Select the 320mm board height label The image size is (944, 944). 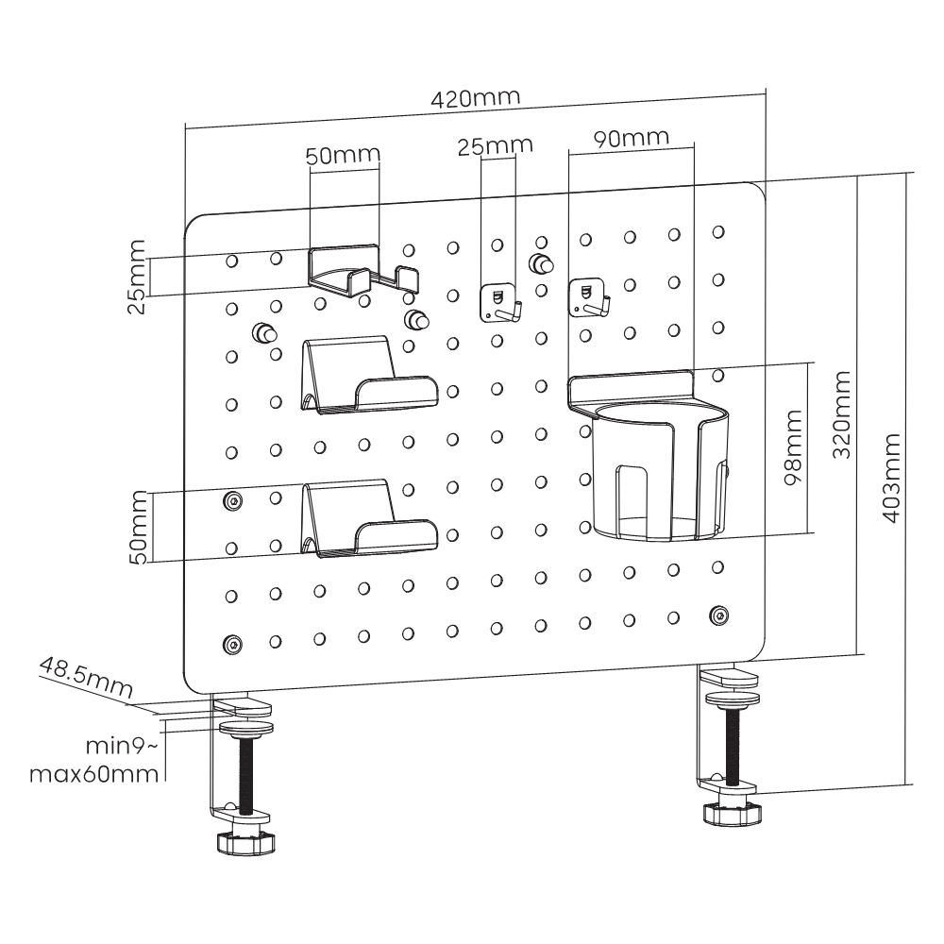pos(842,414)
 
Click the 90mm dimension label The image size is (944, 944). pos(632,137)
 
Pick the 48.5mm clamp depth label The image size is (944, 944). pos(83,678)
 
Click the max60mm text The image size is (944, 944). pos(93,775)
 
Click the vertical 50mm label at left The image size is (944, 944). pos(140,527)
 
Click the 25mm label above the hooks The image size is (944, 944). pos(496,146)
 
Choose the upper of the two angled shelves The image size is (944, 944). pos(369,379)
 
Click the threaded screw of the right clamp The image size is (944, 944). pos(733,750)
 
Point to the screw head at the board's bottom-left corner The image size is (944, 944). pos(231,645)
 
